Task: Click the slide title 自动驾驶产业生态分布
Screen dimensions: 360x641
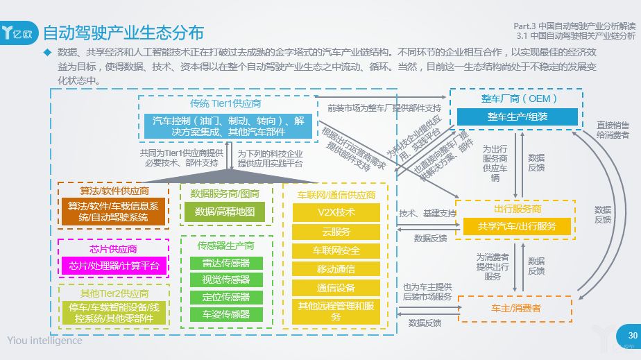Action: [x=123, y=33]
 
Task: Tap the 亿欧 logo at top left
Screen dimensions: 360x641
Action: [x=21, y=33]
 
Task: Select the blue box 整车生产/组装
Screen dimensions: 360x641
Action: [x=517, y=117]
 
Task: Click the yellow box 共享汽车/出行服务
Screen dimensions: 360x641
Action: [x=517, y=226]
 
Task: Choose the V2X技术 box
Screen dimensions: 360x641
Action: [x=336, y=212]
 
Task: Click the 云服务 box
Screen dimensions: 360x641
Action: [x=336, y=232]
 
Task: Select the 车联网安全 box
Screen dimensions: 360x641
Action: [x=336, y=250]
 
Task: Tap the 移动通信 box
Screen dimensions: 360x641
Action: [x=336, y=269]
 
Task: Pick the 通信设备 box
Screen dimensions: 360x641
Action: [x=336, y=288]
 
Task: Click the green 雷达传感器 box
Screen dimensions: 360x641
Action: [x=226, y=264]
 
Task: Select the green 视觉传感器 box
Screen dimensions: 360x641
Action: [x=226, y=280]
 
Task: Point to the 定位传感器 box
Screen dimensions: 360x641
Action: [x=226, y=297]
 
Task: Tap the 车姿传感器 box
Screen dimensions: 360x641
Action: [x=226, y=314]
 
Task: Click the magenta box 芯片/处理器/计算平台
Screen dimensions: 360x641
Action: [x=114, y=266]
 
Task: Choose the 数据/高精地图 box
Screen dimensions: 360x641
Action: [x=225, y=212]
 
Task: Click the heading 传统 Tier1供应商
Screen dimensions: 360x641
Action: [x=225, y=103]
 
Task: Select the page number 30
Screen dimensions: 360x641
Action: [x=632, y=336]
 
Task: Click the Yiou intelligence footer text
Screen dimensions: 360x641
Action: [x=44, y=340]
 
